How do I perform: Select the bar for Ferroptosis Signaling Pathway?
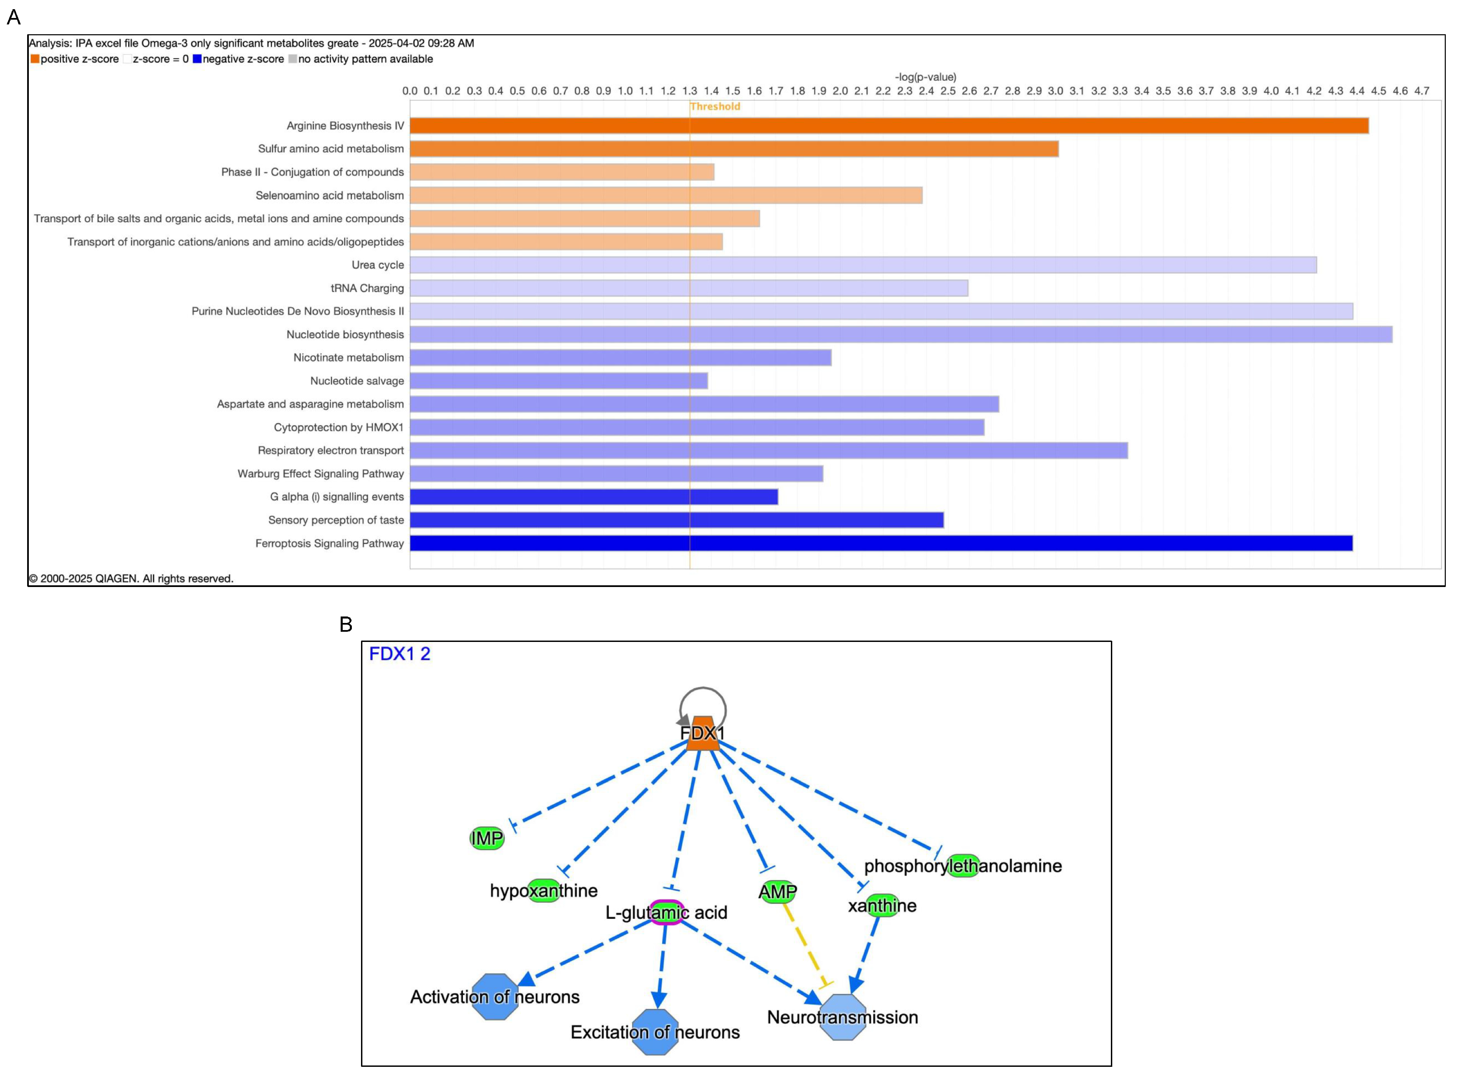[881, 543]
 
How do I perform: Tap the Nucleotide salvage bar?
[558, 381]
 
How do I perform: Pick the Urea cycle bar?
[863, 265]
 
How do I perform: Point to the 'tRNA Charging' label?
[367, 288]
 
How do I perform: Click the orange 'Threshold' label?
[715, 106]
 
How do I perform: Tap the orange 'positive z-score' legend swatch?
[35, 59]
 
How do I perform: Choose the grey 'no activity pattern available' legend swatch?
[293, 59]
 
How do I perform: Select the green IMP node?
[487, 838]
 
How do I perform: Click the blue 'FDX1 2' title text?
[399, 654]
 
